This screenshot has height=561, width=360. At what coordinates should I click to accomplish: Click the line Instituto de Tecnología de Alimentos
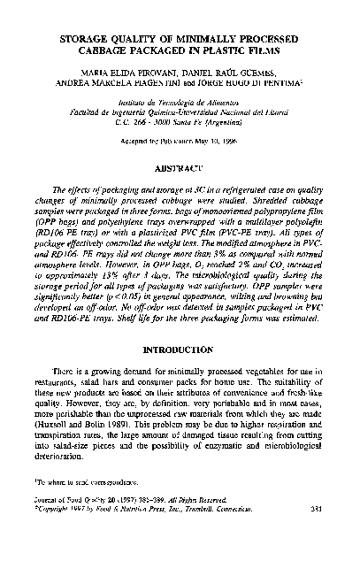(180, 104)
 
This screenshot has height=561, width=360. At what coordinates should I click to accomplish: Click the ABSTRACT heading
(180, 167)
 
